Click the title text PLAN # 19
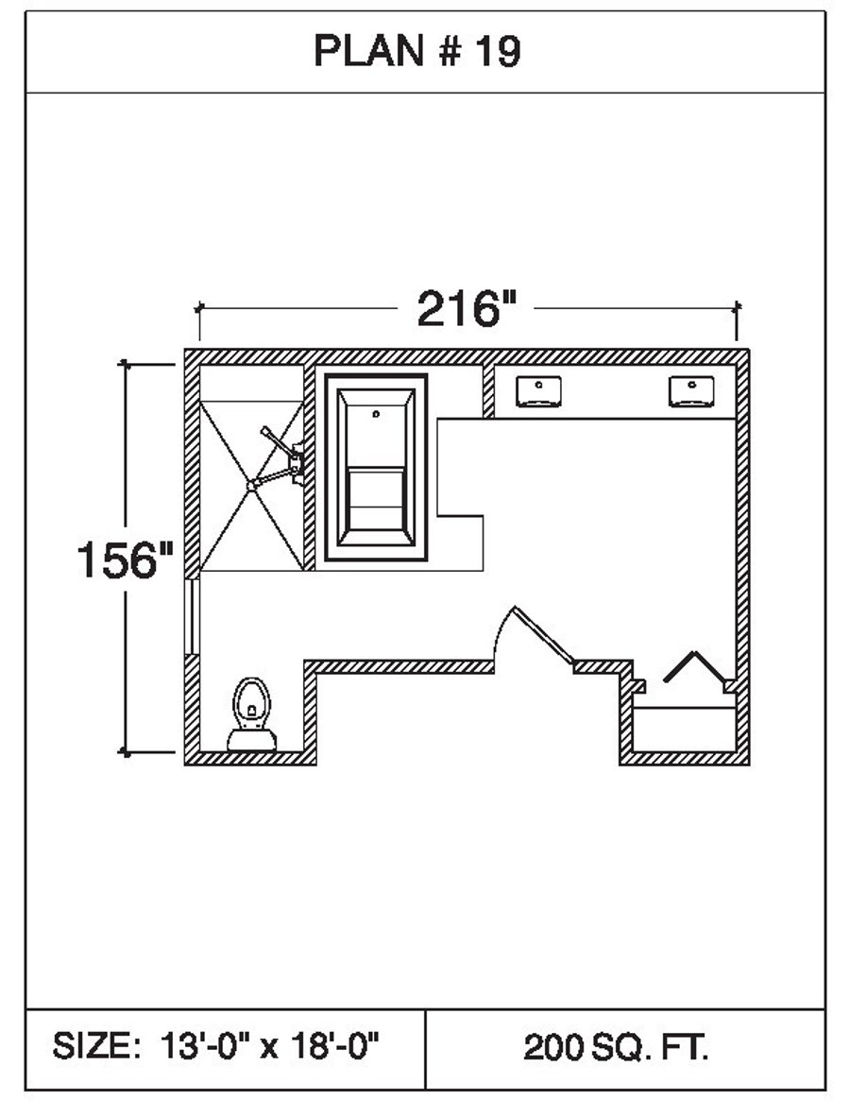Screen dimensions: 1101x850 [x=416, y=53]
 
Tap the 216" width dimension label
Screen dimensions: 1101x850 [x=468, y=308]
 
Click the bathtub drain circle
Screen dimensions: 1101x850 [x=376, y=413]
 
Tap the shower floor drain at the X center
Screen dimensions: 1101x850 [x=251, y=485]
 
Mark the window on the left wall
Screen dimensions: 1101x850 [x=193, y=616]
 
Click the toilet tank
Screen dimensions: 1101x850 [x=251, y=740]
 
